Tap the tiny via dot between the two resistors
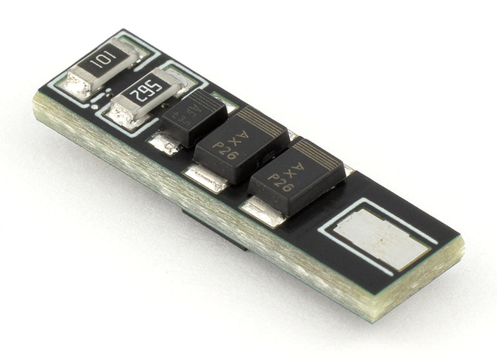click(x=94, y=106)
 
